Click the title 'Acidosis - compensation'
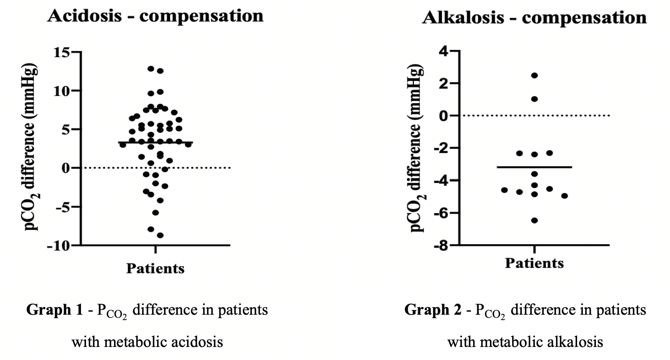pyautogui.click(x=155, y=16)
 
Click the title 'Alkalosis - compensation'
pyautogui.click(x=534, y=18)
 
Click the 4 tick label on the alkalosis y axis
pyautogui.click(x=444, y=51)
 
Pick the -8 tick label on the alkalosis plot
pyautogui.click(x=441, y=246)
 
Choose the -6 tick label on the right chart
pyautogui.click(x=441, y=213)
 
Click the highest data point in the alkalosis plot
pyautogui.click(x=534, y=75)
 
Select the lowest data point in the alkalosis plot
pyautogui.click(x=534, y=220)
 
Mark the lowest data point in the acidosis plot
pyautogui.click(x=160, y=235)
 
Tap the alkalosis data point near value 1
pyautogui.click(x=534, y=99)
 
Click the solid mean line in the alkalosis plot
pyautogui.click(x=534, y=167)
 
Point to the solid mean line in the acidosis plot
pyautogui.click(x=155, y=142)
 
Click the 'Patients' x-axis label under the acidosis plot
pyautogui.click(x=155, y=268)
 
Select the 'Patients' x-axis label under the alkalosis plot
pyautogui.click(x=534, y=263)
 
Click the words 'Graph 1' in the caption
pyautogui.click(x=54, y=310)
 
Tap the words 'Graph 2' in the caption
pyautogui.click(x=433, y=310)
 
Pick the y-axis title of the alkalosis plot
pyautogui.click(x=417, y=149)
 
